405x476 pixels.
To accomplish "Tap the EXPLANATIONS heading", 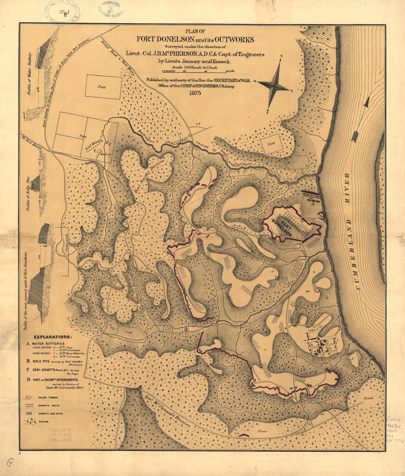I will [x=53, y=337].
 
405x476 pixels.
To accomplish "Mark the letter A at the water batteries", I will [x=313, y=203].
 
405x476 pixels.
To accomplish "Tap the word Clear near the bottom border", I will [x=262, y=431].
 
